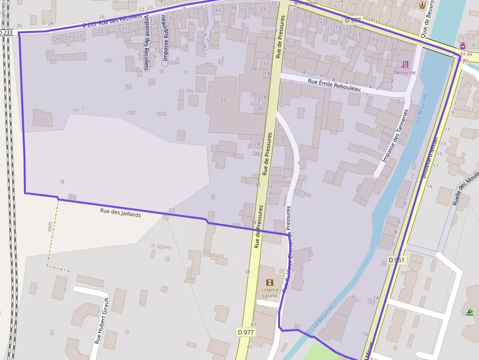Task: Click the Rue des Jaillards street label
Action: coord(120,213)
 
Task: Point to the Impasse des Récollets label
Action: coord(146,42)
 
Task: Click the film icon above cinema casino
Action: coord(269,282)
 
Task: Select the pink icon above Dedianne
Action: coord(405,64)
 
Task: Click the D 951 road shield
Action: coord(396,260)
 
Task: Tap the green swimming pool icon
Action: coord(470,313)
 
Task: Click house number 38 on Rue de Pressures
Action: coord(247,272)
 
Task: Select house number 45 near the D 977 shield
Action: coord(249,347)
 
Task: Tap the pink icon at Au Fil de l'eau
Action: coord(463,45)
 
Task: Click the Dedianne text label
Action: coord(404,72)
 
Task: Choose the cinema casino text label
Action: coord(269,292)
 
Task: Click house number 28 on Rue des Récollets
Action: coord(50,23)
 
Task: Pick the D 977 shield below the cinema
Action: coord(246,332)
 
